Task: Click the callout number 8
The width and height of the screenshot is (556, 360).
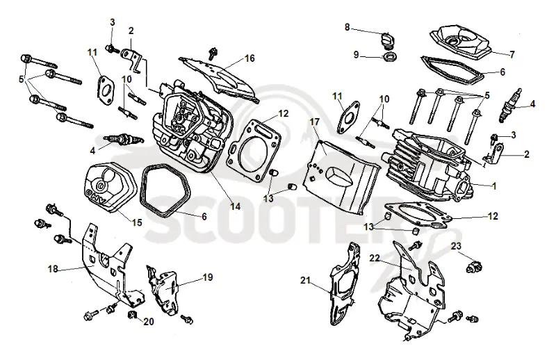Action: [347, 27]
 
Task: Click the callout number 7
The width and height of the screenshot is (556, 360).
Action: [512, 54]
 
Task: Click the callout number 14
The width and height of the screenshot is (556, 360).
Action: [235, 206]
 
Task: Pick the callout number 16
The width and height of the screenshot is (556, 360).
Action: [250, 58]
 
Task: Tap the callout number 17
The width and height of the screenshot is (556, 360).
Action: [315, 122]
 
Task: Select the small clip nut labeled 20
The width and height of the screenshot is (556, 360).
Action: [132, 314]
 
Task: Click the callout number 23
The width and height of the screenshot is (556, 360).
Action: [456, 246]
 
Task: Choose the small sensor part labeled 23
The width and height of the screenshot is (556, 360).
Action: [475, 266]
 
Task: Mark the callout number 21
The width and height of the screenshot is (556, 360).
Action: [305, 281]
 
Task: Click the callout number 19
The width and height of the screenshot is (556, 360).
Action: [208, 277]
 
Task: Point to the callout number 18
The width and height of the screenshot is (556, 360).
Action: [53, 269]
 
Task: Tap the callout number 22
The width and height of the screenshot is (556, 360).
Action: [375, 258]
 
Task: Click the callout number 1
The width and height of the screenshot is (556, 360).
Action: [494, 186]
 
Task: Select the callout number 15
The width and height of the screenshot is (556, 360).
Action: [137, 222]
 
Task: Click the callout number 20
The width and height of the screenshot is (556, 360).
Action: [149, 322]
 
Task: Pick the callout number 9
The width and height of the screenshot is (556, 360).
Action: [357, 55]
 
